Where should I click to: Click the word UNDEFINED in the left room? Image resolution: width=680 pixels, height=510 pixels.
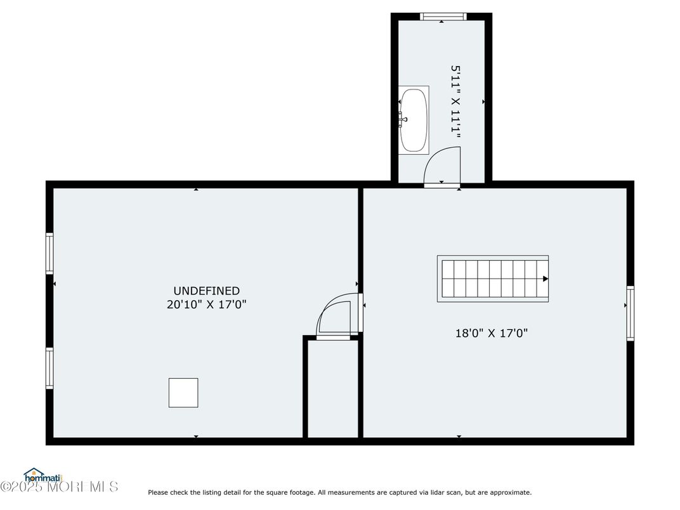pos(206,291)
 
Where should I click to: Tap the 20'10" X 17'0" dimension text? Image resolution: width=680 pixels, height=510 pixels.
pos(206,304)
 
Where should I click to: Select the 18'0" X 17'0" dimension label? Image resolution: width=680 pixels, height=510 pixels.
pos(492,333)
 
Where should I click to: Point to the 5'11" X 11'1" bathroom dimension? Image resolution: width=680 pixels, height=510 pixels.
pos(455,101)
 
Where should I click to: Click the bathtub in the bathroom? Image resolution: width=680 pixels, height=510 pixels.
pos(414,120)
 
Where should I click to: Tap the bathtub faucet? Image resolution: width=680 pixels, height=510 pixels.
pos(403,119)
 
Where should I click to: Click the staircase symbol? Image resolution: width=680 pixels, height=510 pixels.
pos(493,278)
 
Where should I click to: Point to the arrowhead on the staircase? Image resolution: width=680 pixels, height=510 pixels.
pos(546,279)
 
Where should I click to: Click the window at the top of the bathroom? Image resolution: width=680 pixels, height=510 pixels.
pos(443,17)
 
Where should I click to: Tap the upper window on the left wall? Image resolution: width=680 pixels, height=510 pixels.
pos(50,253)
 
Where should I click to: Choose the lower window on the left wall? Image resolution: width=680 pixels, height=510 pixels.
pos(50,368)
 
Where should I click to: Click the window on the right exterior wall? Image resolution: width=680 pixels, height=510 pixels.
pos(630,313)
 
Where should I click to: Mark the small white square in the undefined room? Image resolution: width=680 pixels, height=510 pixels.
pos(183,393)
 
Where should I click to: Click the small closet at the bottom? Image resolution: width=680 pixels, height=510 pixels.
pos(333,389)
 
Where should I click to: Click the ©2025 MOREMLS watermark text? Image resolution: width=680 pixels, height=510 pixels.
pos(59,487)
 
